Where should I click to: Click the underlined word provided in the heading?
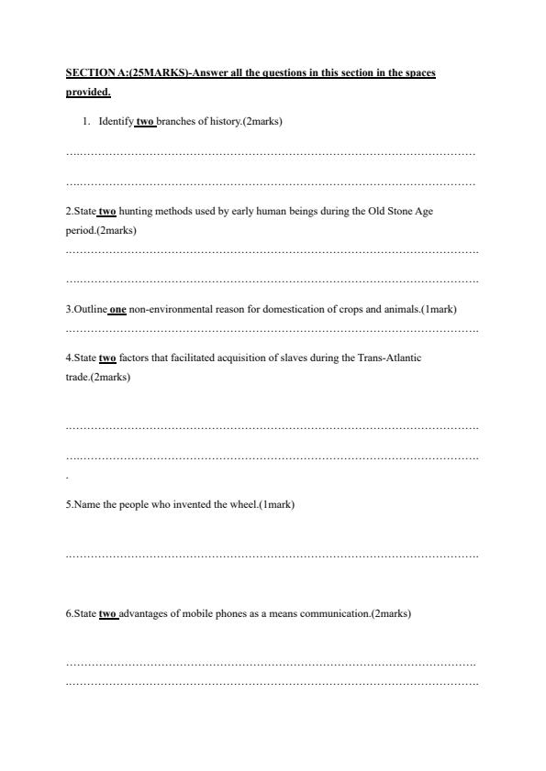(x=88, y=92)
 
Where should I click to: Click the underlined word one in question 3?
(x=117, y=309)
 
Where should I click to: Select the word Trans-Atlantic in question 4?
(x=393, y=358)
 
